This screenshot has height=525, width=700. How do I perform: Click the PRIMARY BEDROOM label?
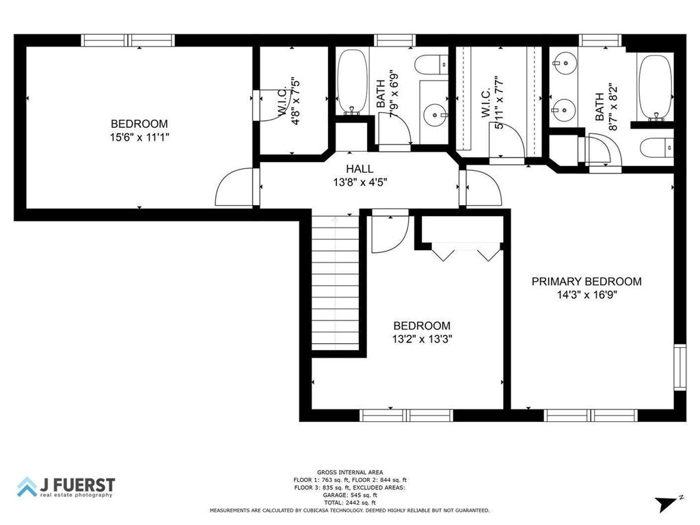(587, 281)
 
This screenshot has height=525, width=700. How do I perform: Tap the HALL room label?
(360, 169)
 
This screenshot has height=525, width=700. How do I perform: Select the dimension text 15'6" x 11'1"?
(139, 137)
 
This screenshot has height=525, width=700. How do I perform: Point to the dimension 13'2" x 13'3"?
(422, 338)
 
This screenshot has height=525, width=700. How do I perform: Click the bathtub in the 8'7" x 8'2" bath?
(655, 86)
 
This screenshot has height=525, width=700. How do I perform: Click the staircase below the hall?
(336, 284)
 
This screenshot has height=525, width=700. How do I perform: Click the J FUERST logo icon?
(27, 487)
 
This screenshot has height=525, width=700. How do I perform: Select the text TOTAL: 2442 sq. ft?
(350, 502)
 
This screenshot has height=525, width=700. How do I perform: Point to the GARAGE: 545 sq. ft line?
(350, 495)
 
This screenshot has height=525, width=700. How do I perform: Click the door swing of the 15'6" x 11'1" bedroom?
(234, 188)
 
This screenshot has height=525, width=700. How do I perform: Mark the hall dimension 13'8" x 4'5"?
(360, 183)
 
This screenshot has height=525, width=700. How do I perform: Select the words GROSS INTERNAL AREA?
(350, 472)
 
